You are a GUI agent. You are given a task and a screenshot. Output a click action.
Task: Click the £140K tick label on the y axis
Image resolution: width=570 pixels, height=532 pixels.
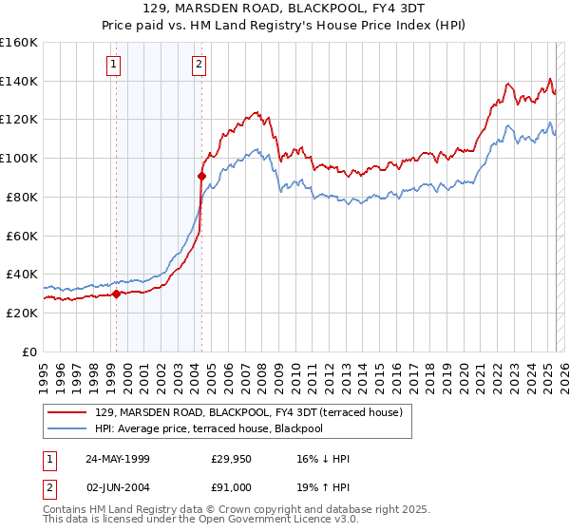pyautogui.click(x=18, y=81)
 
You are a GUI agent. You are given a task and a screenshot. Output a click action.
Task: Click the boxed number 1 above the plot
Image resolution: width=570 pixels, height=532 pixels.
pyautogui.click(x=113, y=65)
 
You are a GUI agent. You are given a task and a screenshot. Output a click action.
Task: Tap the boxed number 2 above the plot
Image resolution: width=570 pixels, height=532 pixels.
pyautogui.click(x=199, y=65)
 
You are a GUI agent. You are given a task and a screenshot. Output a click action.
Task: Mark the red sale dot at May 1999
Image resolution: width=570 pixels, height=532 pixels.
pyautogui.click(x=117, y=294)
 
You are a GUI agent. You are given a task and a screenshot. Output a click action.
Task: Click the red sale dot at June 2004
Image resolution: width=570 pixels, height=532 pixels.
pyautogui.click(x=201, y=175)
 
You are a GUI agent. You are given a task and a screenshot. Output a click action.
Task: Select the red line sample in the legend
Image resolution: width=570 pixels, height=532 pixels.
pyautogui.click(x=68, y=412)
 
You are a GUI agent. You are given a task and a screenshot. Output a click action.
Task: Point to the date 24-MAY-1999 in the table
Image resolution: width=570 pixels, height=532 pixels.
pyautogui.click(x=118, y=459)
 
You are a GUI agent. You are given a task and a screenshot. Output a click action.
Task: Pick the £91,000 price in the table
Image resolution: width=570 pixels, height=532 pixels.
pyautogui.click(x=232, y=487)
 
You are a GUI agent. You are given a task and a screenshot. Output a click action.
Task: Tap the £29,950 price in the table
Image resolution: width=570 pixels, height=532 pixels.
pyautogui.click(x=232, y=459)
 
